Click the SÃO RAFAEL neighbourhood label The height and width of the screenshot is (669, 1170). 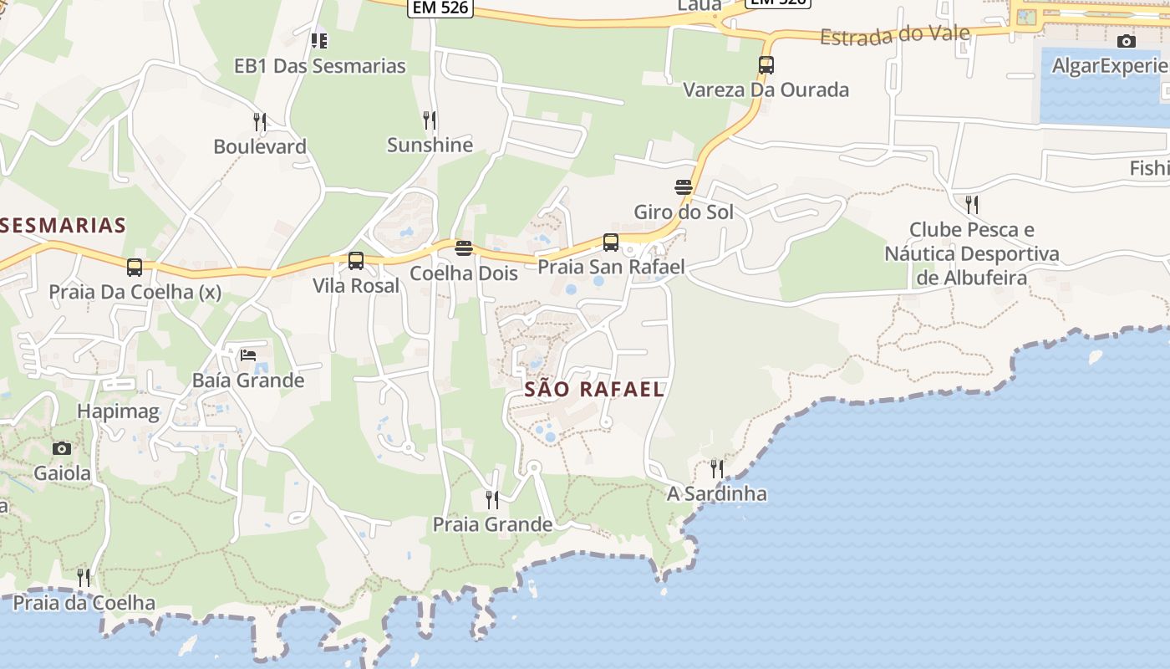(x=594, y=389)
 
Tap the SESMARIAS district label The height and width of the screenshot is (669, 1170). (x=64, y=225)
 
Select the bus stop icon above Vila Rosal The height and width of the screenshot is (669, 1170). (x=356, y=261)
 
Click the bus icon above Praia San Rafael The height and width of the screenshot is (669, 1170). (x=611, y=243)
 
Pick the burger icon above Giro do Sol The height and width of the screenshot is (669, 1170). (x=684, y=186)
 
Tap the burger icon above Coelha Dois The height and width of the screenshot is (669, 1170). (x=464, y=248)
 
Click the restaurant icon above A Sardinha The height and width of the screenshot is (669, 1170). (x=716, y=468)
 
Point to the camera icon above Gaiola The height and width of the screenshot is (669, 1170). (x=62, y=448)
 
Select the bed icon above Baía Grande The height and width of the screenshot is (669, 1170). (x=248, y=355)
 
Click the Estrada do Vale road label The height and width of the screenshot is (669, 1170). (x=895, y=34)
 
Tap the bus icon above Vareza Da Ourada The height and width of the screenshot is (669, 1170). (x=766, y=64)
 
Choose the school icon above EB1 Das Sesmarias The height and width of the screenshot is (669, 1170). (x=319, y=39)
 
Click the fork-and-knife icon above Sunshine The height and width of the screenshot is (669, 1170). (x=430, y=120)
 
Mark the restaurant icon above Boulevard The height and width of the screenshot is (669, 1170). (x=260, y=122)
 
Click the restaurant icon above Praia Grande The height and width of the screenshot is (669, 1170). (x=492, y=499)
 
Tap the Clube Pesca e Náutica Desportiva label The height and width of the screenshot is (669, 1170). (x=972, y=253)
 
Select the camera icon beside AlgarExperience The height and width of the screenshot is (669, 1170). (x=1126, y=41)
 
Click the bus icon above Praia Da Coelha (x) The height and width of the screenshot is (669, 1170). (x=135, y=268)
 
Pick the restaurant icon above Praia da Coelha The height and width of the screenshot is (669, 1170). (x=84, y=577)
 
